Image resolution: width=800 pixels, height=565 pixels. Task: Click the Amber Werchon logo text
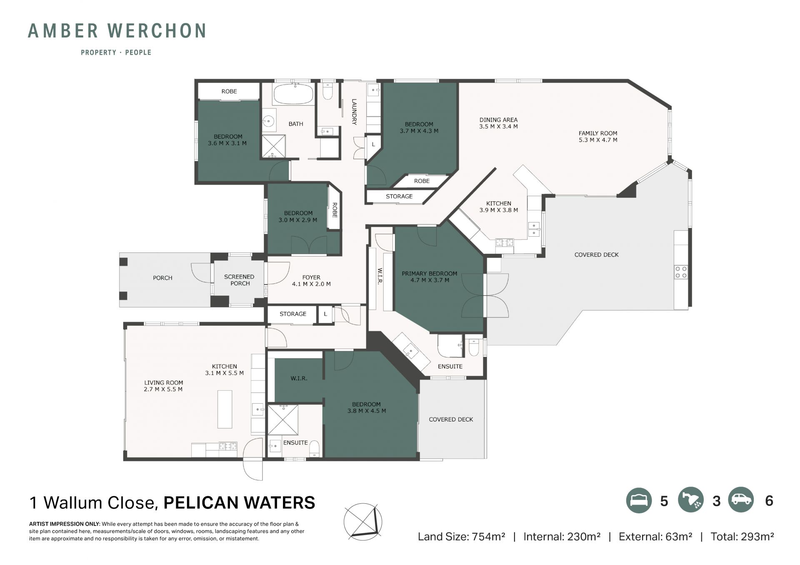point(117,31)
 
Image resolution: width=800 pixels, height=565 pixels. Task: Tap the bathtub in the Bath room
point(293,94)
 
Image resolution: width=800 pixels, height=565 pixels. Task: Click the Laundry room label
point(354,112)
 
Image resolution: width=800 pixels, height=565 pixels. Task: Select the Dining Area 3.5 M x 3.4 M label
point(498,123)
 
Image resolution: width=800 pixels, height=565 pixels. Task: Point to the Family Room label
point(597,137)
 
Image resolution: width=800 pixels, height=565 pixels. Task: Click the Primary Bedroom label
point(429,277)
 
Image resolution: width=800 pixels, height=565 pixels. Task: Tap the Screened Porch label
point(239,280)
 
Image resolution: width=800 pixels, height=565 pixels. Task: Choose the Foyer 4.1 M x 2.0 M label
point(311,280)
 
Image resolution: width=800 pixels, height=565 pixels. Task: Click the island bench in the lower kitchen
point(225,409)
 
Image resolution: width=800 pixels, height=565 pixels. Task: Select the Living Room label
point(163,386)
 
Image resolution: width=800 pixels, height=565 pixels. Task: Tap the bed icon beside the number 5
point(639,500)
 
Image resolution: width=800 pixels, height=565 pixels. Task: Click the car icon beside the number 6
point(741,500)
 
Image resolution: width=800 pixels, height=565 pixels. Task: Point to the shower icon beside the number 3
point(690,500)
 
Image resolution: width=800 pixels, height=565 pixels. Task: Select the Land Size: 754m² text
point(461,537)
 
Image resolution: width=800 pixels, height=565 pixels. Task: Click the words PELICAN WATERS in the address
point(239,503)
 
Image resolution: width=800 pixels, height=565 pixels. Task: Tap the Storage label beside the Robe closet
point(399,196)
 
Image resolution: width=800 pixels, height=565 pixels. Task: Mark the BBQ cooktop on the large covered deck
point(681,272)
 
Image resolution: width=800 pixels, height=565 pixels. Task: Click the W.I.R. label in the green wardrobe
point(299,378)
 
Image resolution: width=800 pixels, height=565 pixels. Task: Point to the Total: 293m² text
point(742,537)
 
